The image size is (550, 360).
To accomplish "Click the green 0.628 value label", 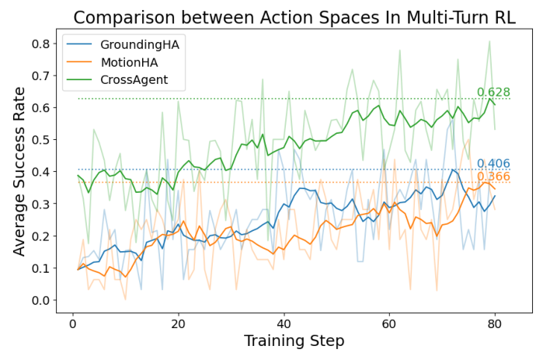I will coord(493,93).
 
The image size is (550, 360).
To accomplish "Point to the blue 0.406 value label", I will coord(493,163).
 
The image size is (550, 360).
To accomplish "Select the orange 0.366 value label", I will coord(493,177).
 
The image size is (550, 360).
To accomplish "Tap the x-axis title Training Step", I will coord(294,341).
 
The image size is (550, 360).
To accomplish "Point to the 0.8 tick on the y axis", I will coord(40,44).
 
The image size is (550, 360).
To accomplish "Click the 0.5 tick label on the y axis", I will coord(40,140).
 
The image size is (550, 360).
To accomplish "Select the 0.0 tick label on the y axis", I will coord(40,300).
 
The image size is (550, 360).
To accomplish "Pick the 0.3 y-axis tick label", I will coord(40,204).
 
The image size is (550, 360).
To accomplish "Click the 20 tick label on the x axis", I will coord(178,322).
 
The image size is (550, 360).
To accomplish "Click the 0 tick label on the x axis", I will coord(72,322).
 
